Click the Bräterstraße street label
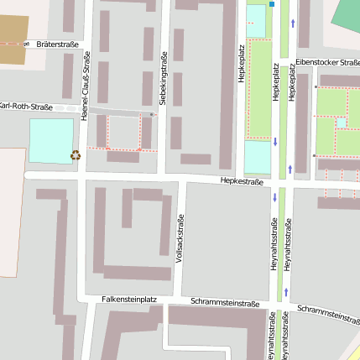coord(57,43)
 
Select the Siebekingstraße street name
coord(163,93)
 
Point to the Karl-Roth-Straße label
coord(25,107)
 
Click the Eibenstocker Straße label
coord(327,62)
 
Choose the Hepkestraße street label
coord(242,180)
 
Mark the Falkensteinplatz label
coord(129,298)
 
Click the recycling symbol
coord(76,154)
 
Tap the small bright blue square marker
coord(272,4)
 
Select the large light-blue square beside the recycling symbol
coord(51,140)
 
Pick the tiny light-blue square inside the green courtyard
coord(342,123)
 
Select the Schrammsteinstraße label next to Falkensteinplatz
coord(224,302)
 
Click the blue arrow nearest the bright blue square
coord(292,23)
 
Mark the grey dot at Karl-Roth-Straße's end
coord(151,114)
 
